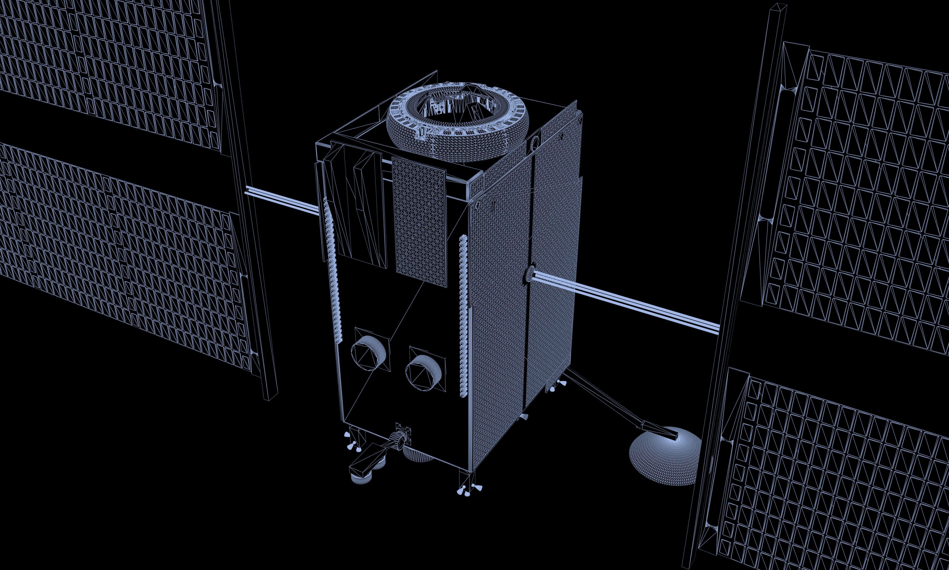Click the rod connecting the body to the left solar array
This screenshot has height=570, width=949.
282,200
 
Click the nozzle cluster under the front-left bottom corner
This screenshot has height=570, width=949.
352,442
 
